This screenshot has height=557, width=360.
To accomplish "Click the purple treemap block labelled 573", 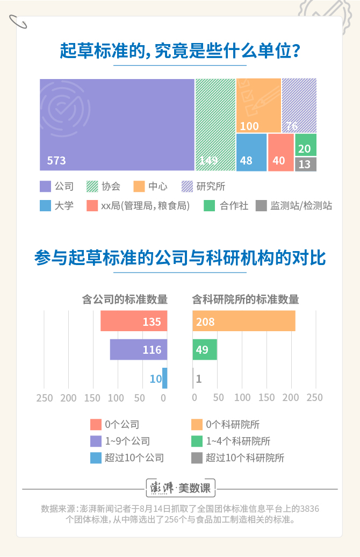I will [x=117, y=125].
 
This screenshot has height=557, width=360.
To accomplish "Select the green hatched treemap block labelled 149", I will [x=215, y=125].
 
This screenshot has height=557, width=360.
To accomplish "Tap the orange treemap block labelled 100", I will [x=258, y=105].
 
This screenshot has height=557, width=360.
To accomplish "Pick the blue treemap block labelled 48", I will [x=251, y=152].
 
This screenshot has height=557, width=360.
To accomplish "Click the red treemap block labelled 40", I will [x=280, y=152].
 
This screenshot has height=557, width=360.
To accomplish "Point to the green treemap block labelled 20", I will [x=305, y=145].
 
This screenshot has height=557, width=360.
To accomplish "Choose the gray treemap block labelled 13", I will [x=305, y=164].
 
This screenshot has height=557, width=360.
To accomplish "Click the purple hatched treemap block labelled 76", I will [x=299, y=105].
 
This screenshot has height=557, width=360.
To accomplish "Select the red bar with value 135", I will [x=134, y=322].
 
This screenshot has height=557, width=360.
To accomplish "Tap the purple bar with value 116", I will [x=139, y=349].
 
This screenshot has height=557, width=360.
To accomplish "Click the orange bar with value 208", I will [x=244, y=322].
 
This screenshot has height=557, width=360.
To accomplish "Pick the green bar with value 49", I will [x=205, y=349].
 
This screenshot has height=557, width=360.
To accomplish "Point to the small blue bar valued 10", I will [x=165, y=378].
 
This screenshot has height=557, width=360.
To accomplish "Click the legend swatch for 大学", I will [x=45, y=205].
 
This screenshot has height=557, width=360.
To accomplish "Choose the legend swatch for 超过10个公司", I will [x=96, y=458].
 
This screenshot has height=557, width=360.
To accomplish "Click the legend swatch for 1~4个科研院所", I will [x=197, y=441].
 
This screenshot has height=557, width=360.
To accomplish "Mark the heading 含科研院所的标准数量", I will [x=246, y=299].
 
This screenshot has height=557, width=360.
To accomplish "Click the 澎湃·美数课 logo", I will [x=181, y=489].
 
